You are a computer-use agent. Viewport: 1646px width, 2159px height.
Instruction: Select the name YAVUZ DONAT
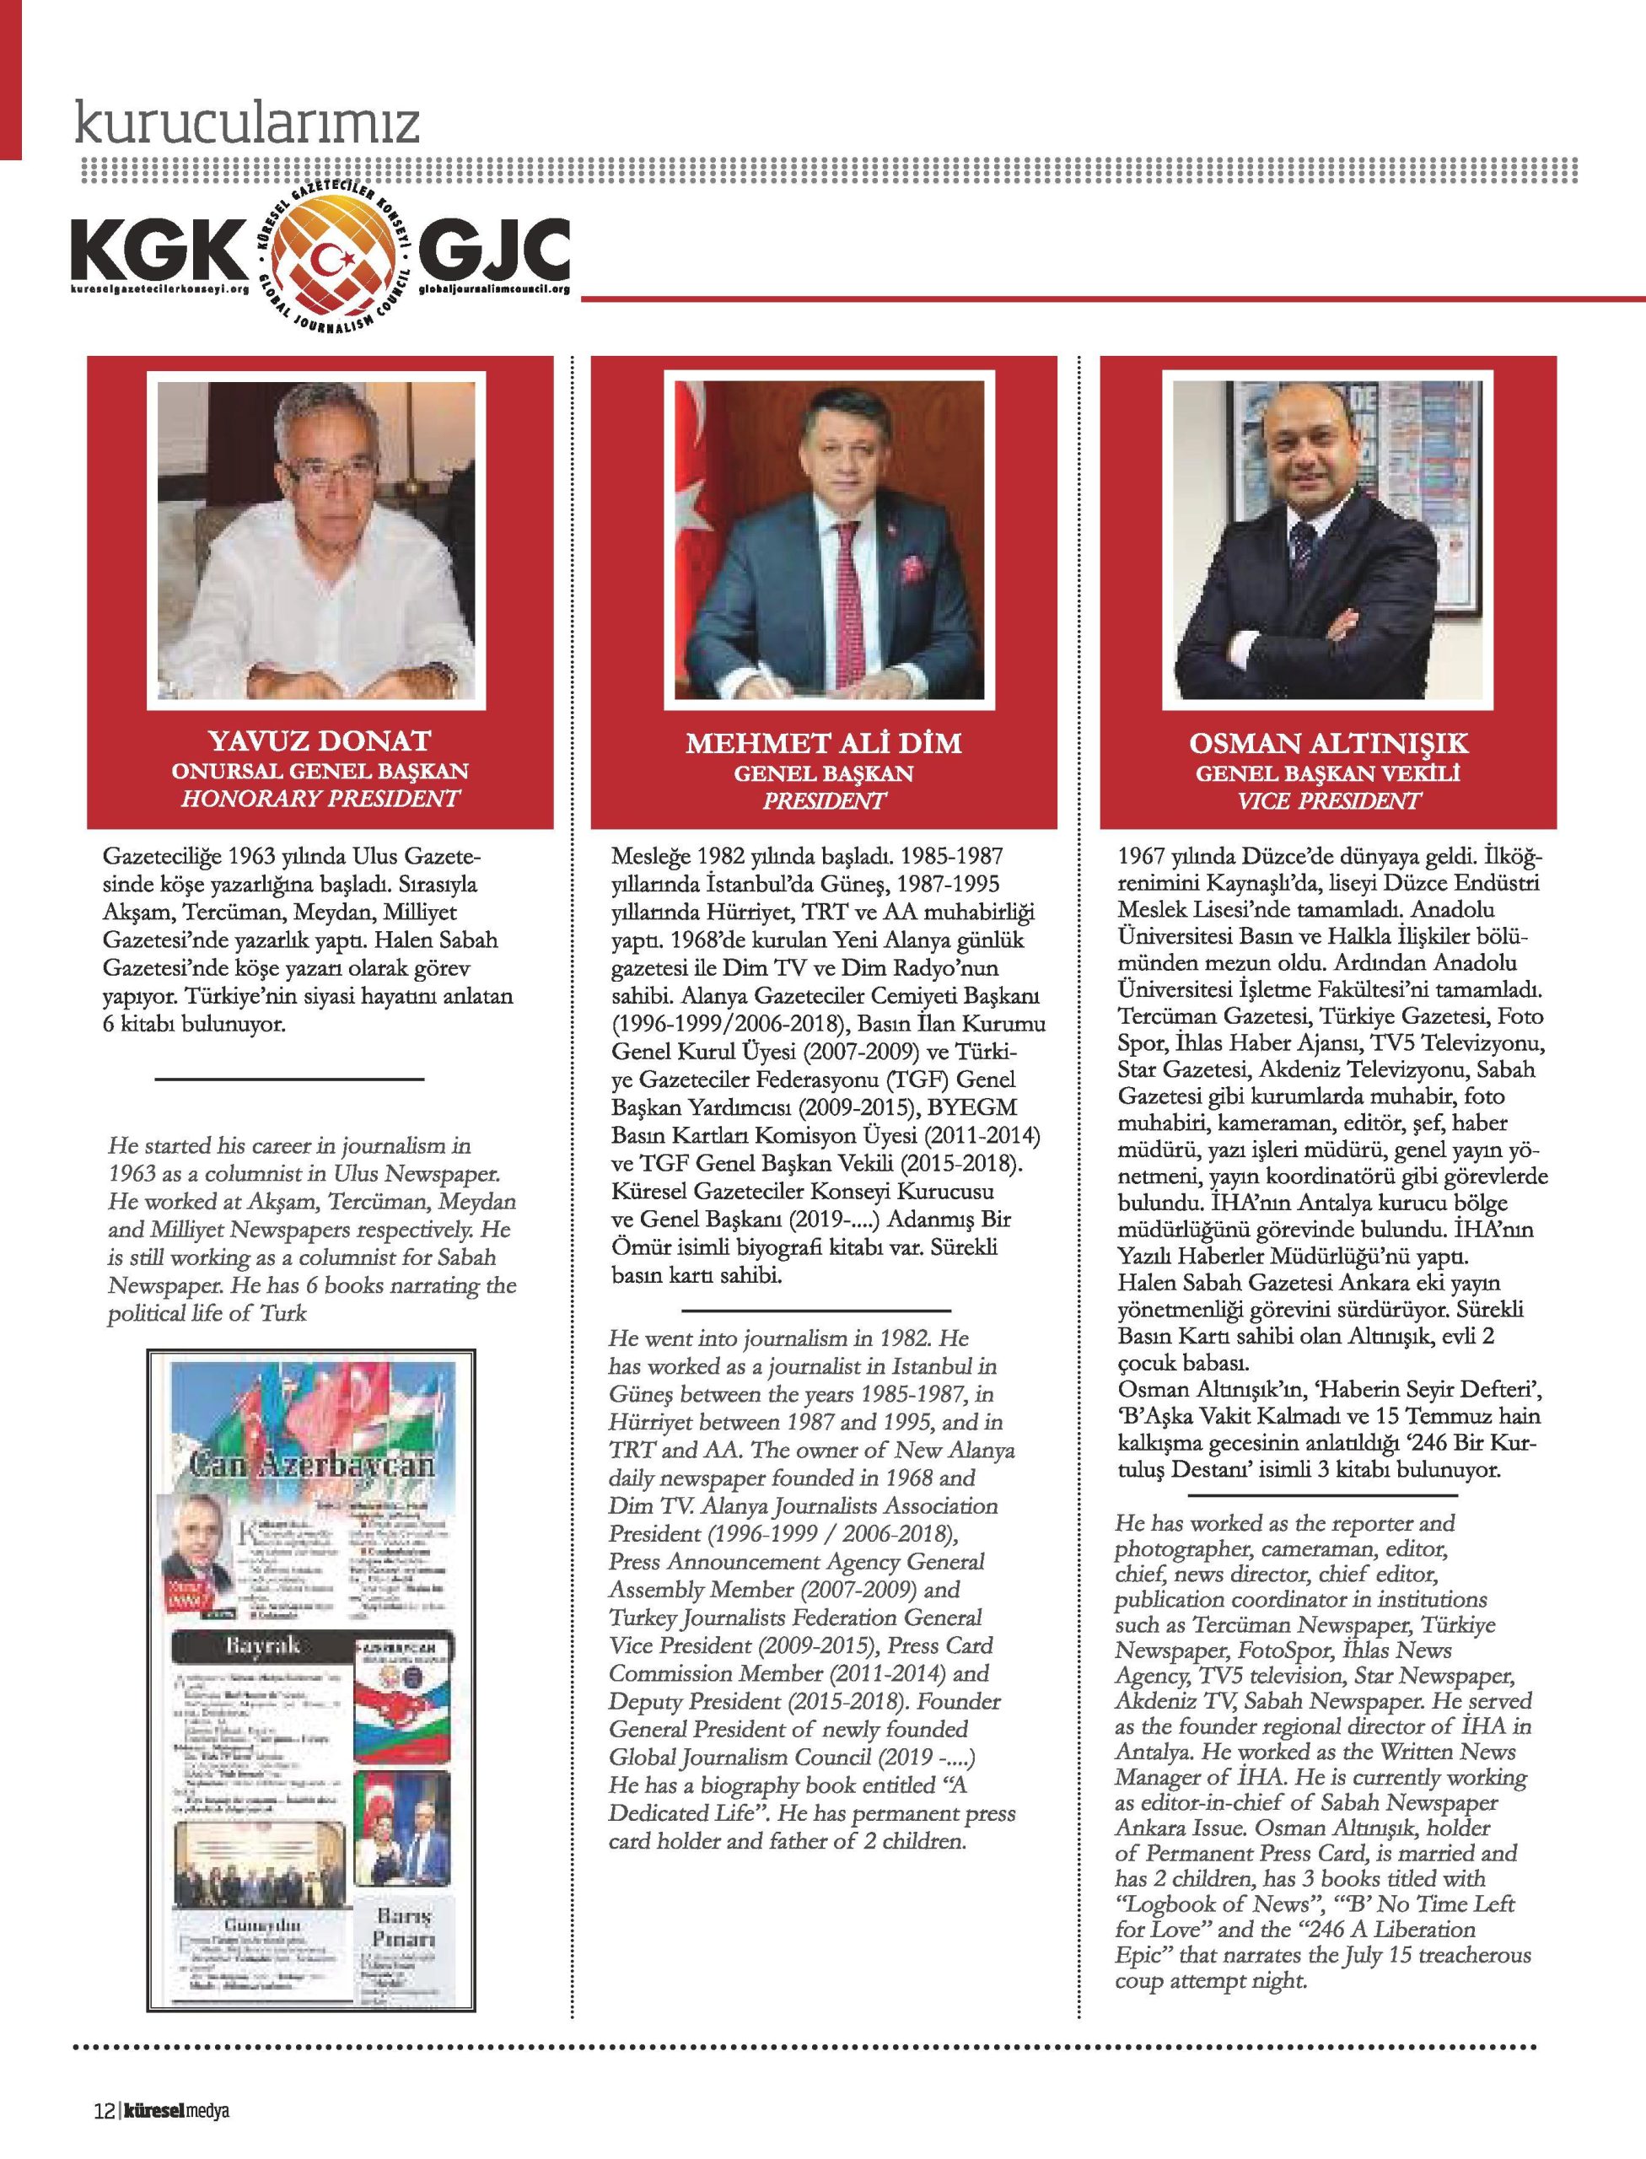320,741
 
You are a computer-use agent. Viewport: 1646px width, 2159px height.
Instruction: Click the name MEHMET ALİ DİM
823,744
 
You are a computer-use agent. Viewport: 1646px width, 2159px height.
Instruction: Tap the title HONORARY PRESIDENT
320,798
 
